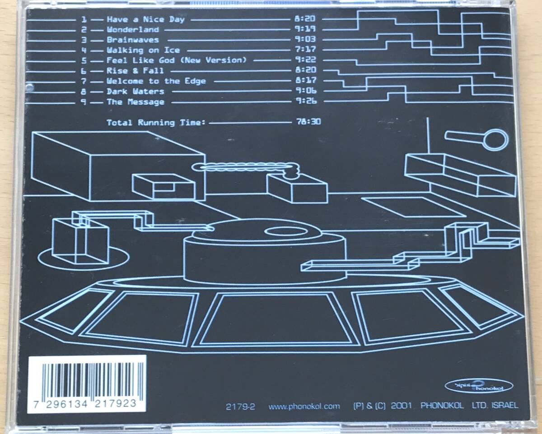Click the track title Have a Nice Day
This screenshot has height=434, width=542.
(x=145, y=19)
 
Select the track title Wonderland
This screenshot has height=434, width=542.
(x=133, y=30)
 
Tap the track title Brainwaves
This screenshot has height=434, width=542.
(x=133, y=40)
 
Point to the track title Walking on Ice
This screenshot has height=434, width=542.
(x=143, y=50)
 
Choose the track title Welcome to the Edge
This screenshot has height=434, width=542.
(x=156, y=81)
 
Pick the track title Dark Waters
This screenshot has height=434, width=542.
(x=135, y=91)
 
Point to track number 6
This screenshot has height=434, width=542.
(x=84, y=71)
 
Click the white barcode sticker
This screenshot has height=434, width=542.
(x=87, y=383)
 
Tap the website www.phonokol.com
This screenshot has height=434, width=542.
(x=304, y=406)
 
